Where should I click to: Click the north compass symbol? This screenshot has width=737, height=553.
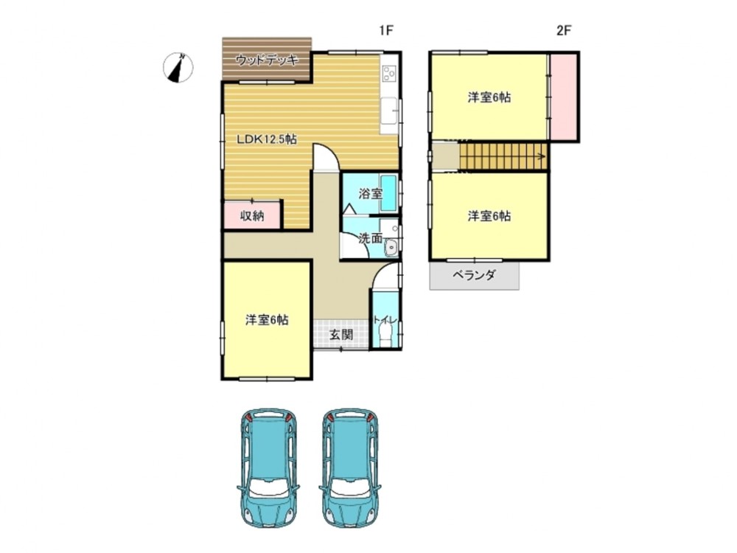point(178,68)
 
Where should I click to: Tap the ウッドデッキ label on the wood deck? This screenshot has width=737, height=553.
point(267,60)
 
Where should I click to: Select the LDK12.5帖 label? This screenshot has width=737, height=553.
point(267,139)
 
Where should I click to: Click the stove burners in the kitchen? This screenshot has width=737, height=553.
point(389,73)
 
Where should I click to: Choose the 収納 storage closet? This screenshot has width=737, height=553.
point(252,216)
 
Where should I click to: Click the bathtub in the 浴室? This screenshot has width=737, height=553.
point(388,192)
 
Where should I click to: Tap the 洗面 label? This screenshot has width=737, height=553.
point(371,238)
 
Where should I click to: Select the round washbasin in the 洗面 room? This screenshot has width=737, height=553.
point(391,247)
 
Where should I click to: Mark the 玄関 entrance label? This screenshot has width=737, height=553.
point(340,335)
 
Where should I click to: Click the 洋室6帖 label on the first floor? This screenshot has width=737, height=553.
point(267,320)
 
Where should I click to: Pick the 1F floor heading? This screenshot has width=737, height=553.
point(386,31)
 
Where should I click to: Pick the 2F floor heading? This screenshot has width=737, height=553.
point(564,31)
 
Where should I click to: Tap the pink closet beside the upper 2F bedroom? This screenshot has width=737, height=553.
point(564,97)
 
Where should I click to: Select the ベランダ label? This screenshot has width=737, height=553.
point(474,275)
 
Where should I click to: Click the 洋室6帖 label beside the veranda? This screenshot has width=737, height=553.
point(489,216)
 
